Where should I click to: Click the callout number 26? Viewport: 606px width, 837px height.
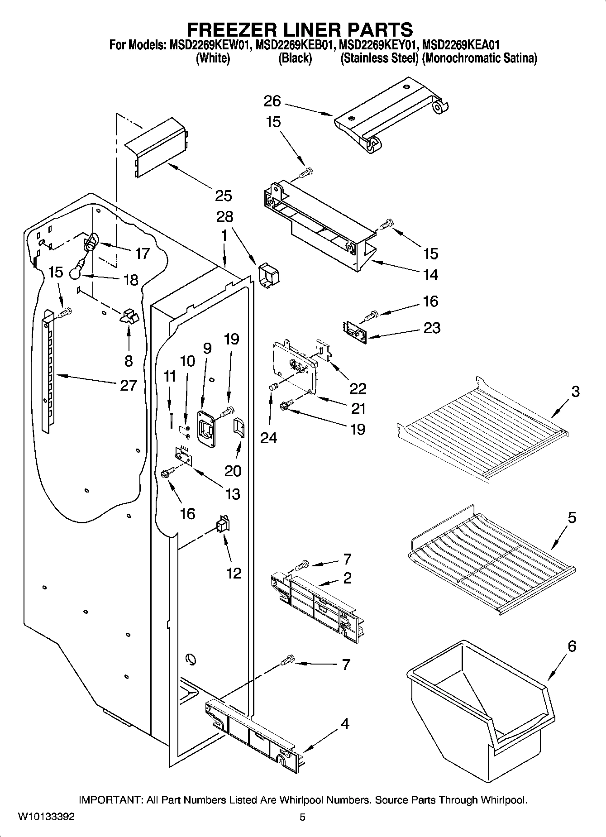pyautogui.click(x=272, y=101)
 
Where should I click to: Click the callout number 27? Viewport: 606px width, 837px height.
pyautogui.click(x=128, y=385)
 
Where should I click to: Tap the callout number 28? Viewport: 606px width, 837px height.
pyautogui.click(x=224, y=216)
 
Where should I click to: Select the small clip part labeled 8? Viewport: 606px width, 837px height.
pyautogui.click(x=129, y=316)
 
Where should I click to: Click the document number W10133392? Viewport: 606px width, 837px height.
pyautogui.click(x=46, y=817)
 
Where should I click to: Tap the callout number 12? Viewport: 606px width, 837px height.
pyautogui.click(x=234, y=573)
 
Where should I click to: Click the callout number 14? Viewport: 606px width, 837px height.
pyautogui.click(x=430, y=275)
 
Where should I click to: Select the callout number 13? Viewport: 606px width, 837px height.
pyautogui.click(x=233, y=494)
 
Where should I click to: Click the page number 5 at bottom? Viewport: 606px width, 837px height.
pyautogui.click(x=302, y=817)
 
